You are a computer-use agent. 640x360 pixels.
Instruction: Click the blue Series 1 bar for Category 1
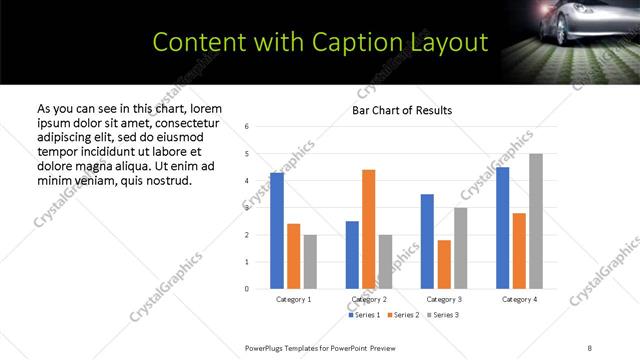pyautogui.click(x=277, y=231)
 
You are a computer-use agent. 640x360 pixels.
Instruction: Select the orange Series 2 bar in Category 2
pyautogui.click(x=368, y=229)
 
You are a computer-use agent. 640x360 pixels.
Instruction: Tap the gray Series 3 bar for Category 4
pyautogui.click(x=536, y=221)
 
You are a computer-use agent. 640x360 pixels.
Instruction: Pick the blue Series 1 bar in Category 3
pyautogui.click(x=427, y=241)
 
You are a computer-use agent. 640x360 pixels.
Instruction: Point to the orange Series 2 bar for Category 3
pyautogui.click(x=444, y=264)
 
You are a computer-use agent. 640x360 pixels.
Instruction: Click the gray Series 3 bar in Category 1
pyautogui.click(x=310, y=262)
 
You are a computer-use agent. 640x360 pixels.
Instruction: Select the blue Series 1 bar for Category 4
pyautogui.click(x=502, y=228)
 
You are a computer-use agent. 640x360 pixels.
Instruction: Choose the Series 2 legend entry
pyautogui.click(x=402, y=315)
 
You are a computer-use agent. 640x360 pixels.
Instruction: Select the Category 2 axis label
pyautogui.click(x=369, y=299)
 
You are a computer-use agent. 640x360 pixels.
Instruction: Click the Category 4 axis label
pyautogui.click(x=519, y=299)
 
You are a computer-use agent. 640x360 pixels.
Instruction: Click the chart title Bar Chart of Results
pyautogui.click(x=402, y=110)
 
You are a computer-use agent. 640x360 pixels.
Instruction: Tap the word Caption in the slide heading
pyautogui.click(x=348, y=42)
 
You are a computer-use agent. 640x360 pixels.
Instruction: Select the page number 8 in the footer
pyautogui.click(x=590, y=347)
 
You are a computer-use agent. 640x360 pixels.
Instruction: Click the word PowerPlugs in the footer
pyautogui.click(x=267, y=347)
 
